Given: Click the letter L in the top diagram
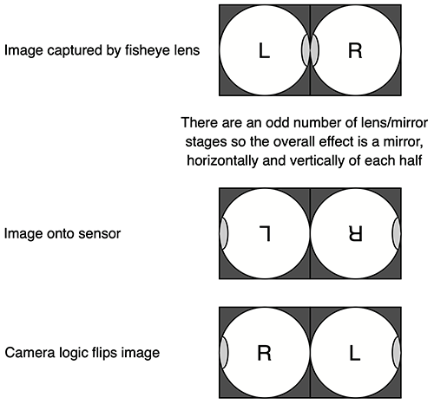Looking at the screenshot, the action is point(264,51).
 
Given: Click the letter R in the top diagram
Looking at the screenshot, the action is point(355,51).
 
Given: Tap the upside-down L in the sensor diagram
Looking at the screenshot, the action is point(265,234).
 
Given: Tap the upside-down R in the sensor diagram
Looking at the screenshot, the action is point(355,234).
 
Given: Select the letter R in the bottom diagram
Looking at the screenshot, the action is point(264,353).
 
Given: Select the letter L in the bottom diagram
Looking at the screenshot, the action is point(355,353).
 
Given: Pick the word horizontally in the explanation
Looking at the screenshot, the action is point(222,160).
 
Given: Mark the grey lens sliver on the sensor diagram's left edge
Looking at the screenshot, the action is point(224,233).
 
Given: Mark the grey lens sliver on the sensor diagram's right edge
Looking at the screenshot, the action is point(397,233).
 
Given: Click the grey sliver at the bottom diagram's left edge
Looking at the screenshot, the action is point(224,353).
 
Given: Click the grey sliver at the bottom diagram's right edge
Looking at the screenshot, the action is point(397,353).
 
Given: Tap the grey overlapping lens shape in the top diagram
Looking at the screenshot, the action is point(310,50).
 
